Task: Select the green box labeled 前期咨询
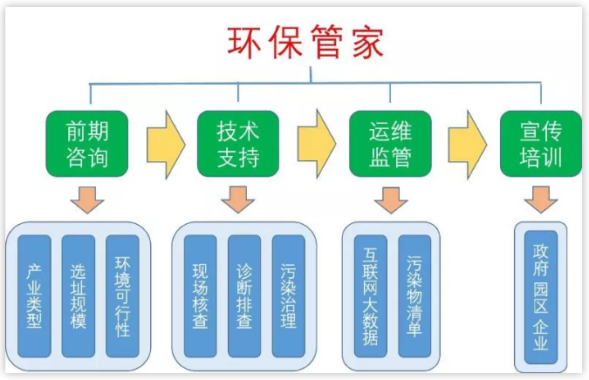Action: [87, 145]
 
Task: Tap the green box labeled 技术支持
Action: [238, 145]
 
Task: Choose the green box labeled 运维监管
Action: [390, 145]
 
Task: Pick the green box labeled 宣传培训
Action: [540, 145]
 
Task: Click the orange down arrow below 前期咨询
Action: [87, 199]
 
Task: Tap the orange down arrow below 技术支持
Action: [237, 199]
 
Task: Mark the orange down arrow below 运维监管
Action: [390, 199]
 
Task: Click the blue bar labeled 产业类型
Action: [35, 296]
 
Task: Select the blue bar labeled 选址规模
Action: [79, 296]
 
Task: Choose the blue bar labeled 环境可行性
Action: [122, 296]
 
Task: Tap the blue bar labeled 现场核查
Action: [200, 296]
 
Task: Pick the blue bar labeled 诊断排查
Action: [244, 296]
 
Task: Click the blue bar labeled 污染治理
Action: [289, 296]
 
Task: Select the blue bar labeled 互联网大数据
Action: [371, 296]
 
